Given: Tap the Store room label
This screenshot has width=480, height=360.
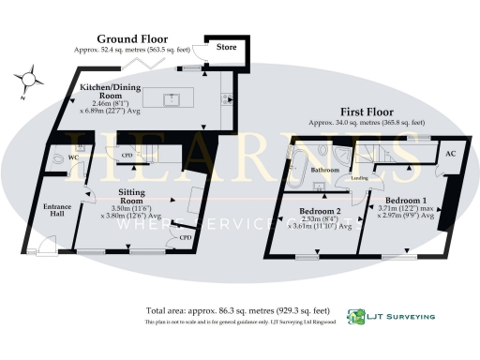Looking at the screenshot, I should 228,45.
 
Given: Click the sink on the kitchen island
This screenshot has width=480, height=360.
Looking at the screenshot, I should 172,97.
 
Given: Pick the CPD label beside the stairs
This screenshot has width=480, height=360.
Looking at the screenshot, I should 127,156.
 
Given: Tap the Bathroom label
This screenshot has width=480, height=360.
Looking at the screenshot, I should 325,171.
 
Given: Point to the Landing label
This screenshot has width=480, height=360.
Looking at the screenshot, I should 358,177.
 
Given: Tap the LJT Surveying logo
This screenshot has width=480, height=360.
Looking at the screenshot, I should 391,317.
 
